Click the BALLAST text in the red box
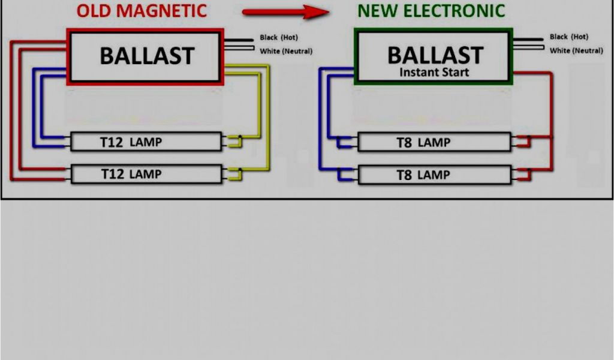point(147,56)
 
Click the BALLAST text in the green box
point(435,55)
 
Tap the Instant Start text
point(435,73)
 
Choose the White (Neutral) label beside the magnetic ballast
point(286,51)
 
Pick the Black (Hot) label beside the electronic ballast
point(569,37)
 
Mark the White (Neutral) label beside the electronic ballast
point(576,50)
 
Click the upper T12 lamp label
point(131,142)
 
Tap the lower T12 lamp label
point(131,174)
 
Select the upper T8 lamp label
point(423,143)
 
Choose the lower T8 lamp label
point(423,175)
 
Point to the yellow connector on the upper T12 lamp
point(234,142)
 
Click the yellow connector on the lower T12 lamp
point(234,174)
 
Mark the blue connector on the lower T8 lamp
point(346,175)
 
